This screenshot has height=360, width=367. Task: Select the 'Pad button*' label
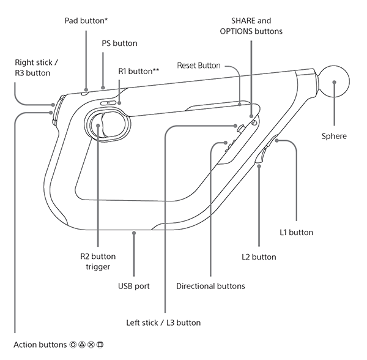coord(86,21)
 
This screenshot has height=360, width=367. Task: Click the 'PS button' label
coord(120,43)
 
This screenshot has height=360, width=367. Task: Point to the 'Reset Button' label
coord(199,65)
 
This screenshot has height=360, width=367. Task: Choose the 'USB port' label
coord(134,286)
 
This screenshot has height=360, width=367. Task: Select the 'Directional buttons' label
coord(210,286)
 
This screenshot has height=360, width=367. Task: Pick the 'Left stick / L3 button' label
coord(163,322)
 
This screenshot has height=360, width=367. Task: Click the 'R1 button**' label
coord(139,72)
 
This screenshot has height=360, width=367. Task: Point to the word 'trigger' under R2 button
coord(98,267)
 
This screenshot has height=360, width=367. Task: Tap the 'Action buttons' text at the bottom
coord(40,345)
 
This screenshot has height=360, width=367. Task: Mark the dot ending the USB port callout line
coord(134,232)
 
